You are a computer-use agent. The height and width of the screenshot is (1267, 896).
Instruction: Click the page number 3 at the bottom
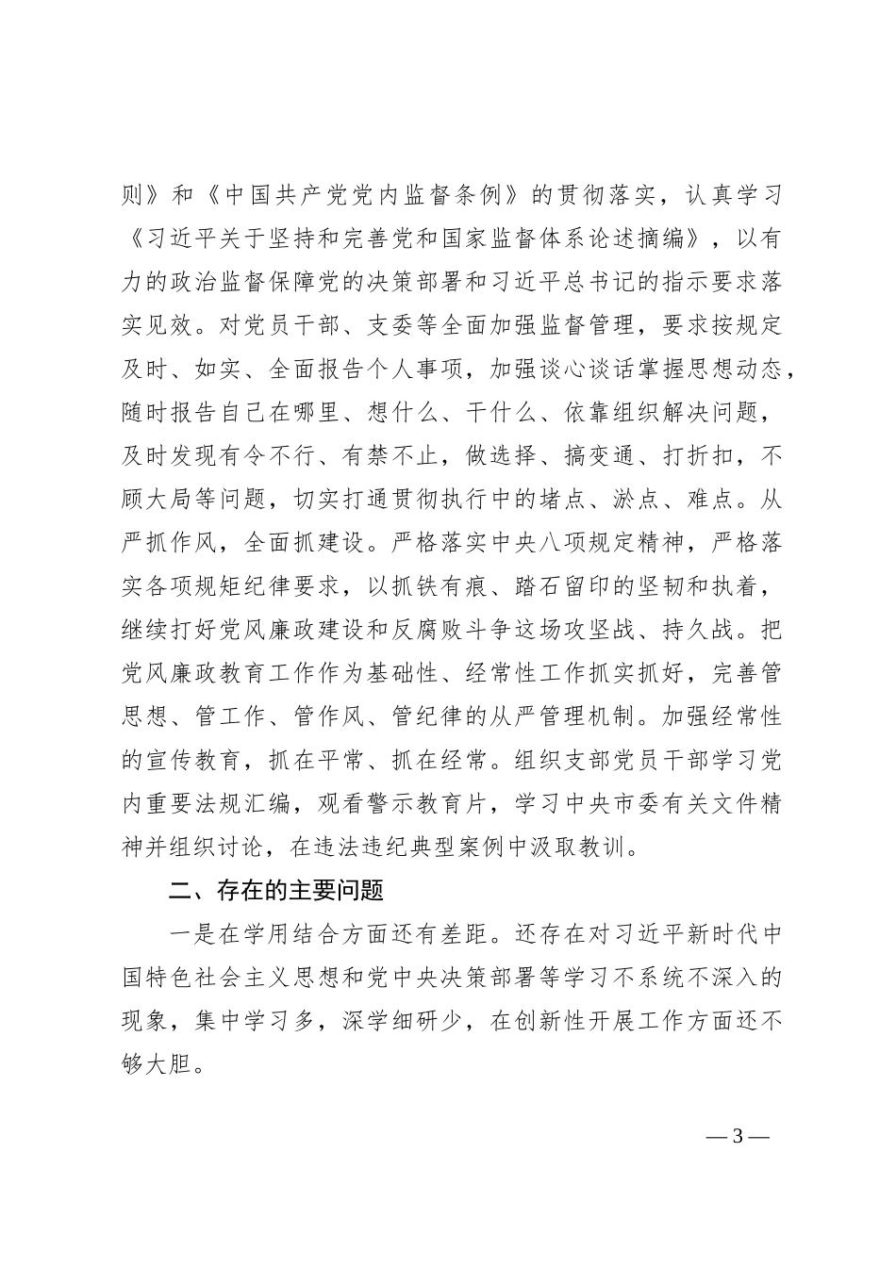click(738, 1135)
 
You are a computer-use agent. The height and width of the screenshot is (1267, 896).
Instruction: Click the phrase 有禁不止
click(389, 457)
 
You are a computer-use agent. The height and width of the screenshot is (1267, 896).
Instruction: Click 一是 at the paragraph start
click(188, 933)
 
